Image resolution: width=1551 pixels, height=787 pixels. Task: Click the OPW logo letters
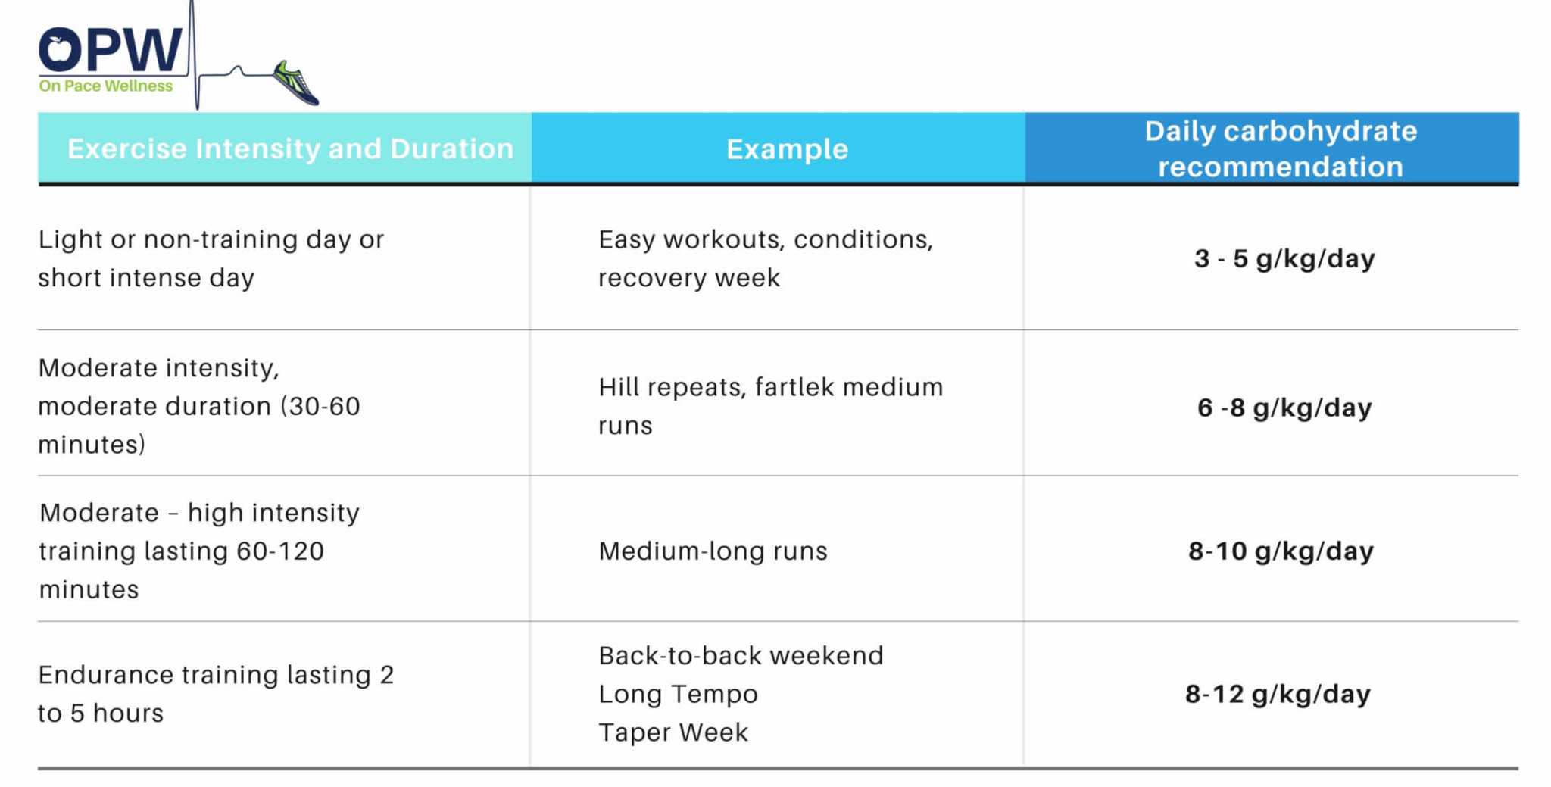111,50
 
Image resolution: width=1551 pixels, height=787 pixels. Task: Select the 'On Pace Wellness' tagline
106,86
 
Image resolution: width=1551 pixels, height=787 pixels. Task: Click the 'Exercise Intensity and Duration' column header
290,148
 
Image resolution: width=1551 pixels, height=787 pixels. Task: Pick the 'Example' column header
787,149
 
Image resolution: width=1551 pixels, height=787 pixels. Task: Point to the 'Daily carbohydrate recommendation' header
1280,148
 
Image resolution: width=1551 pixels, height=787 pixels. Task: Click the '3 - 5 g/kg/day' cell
1284,258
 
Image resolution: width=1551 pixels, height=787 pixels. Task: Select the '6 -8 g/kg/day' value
1284,408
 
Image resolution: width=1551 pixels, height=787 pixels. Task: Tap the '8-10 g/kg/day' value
1281,551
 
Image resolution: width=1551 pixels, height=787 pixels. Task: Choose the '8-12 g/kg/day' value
1278,694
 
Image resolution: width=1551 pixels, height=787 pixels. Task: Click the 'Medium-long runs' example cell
713,551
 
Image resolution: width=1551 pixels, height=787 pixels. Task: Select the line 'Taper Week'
673,732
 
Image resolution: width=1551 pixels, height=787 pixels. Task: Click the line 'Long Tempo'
678,694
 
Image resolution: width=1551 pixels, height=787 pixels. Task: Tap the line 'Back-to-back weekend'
741,655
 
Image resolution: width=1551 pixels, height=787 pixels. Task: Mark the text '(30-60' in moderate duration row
320,406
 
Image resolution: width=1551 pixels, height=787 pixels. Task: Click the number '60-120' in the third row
280,551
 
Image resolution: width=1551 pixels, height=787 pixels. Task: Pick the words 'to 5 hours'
101,713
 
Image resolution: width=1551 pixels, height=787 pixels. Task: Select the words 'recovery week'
688,278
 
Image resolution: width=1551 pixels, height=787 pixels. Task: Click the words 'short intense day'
146,278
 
